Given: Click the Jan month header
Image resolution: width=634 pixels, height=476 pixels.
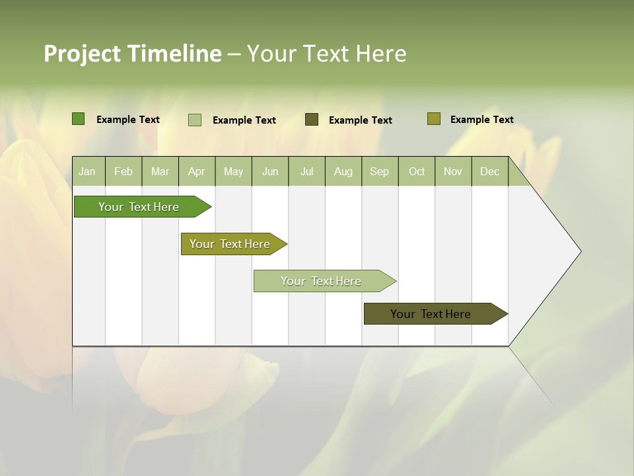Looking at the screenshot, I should tap(87, 171).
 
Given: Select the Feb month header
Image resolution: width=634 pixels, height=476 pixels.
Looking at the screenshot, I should tap(123, 171).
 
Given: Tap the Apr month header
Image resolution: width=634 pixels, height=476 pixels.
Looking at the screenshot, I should tap(196, 171).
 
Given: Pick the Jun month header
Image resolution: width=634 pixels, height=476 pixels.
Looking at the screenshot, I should tap(270, 171).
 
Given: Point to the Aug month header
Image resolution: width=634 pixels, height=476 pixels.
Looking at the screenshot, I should tap(343, 171).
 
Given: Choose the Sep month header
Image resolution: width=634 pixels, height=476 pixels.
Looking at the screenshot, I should tap(379, 171).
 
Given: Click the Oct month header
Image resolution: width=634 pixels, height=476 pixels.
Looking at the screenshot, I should tap(417, 171).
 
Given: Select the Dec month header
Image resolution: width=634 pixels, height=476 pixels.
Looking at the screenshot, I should tap(489, 171).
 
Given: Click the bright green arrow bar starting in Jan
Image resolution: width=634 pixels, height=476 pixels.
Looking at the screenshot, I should tap(139, 207).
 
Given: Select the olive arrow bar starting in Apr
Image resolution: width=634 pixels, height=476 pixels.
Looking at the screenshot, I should tap(230, 244).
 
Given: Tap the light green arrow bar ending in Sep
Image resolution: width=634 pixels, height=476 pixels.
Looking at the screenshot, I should tap(321, 281).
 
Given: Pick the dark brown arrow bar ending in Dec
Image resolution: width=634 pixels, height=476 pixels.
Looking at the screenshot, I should tap(431, 314).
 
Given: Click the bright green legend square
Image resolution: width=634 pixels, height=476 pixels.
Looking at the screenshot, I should tap(79, 119).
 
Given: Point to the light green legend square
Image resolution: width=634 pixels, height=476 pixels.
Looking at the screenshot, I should tap(195, 120).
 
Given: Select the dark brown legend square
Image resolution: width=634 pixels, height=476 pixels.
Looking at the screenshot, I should tap(312, 120).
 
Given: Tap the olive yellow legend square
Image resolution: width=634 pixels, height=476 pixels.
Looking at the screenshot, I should tap(434, 119).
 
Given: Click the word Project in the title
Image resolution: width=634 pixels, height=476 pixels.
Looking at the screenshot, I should tap(82, 54).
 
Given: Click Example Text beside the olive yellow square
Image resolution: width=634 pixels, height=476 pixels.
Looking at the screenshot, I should tap(481, 120).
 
